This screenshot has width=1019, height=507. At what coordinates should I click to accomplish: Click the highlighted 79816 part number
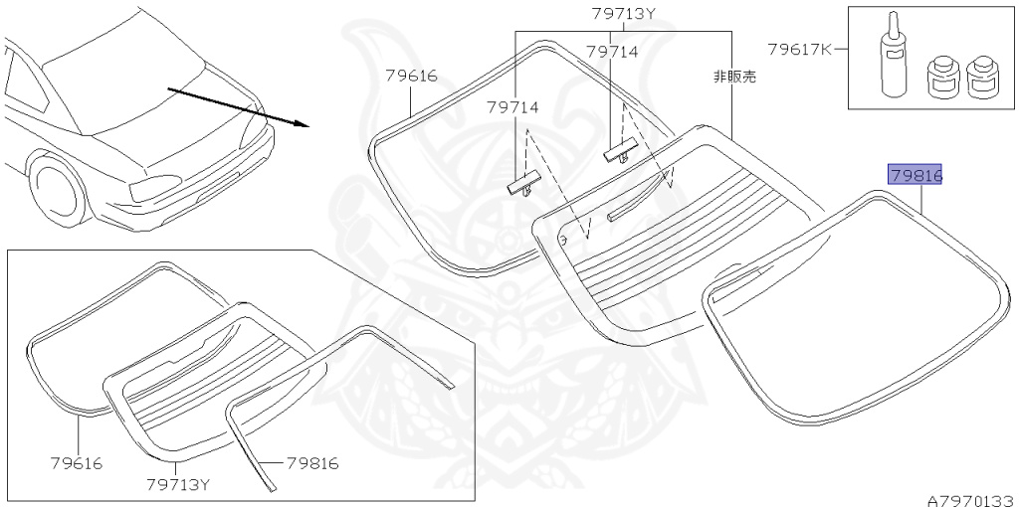(x=916, y=176)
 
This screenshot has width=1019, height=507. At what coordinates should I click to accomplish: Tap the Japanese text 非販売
(x=734, y=76)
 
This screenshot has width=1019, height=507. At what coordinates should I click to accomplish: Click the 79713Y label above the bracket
(x=624, y=14)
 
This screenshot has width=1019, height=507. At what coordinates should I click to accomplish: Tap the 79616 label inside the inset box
(x=76, y=463)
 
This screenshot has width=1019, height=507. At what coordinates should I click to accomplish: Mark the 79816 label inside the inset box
(x=312, y=463)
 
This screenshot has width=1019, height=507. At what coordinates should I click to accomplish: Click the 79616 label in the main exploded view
(x=411, y=76)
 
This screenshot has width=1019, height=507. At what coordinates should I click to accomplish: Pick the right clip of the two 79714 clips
(x=619, y=152)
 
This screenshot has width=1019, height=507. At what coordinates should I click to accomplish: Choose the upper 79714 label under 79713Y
(x=611, y=52)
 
